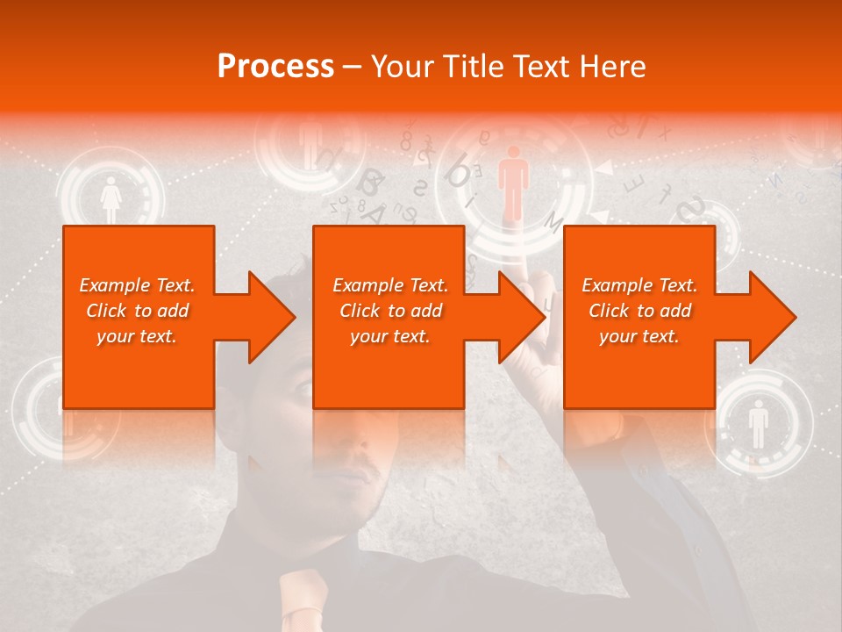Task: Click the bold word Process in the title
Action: coord(275,67)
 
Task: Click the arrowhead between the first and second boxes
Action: coord(272,317)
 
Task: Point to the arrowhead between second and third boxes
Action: coord(522,317)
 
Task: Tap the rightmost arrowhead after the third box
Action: coord(773,317)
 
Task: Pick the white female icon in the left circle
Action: coord(111,201)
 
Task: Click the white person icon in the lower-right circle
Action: coord(759,424)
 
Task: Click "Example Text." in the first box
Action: coord(137,285)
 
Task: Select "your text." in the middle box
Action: coord(390,336)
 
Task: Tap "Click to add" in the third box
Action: coord(640,311)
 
